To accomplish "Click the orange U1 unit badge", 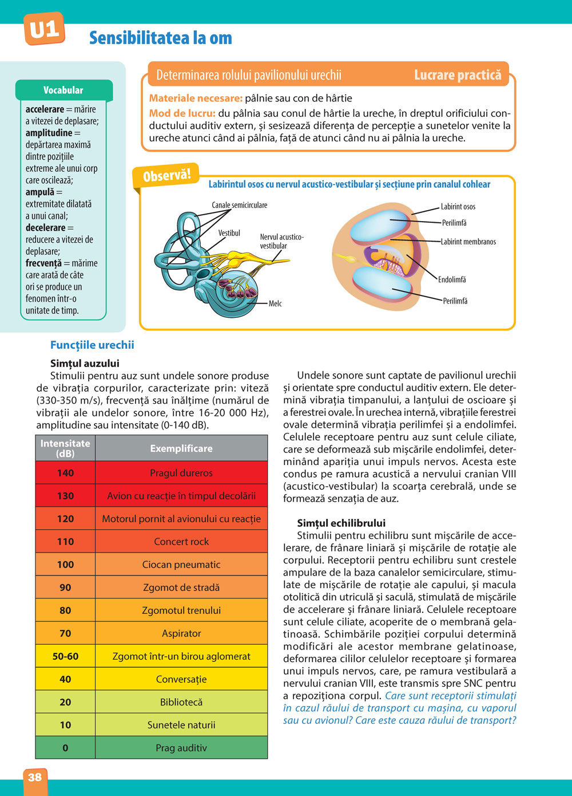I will click(x=43, y=29).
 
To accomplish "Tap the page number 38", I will click(x=35, y=777).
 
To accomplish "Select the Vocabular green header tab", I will click(x=63, y=90).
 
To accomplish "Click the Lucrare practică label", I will click(x=457, y=75).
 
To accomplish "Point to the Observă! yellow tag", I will click(x=166, y=175).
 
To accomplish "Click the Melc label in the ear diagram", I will click(x=275, y=304).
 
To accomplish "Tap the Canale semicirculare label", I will click(x=239, y=205).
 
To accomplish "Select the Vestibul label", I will click(x=229, y=233).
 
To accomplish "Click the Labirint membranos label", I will click(x=468, y=242).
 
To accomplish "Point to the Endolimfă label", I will click(x=452, y=279).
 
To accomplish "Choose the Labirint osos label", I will click(x=458, y=207).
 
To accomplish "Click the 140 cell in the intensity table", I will click(x=65, y=473).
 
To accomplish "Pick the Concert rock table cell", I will click(x=181, y=542).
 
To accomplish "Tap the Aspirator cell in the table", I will click(x=181, y=633).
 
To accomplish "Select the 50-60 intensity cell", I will click(x=65, y=656).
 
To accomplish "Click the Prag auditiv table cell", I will click(x=181, y=748).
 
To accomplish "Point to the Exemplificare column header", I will click(x=181, y=448).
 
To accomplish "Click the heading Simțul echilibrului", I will click(x=341, y=523).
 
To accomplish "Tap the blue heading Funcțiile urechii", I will click(x=92, y=345).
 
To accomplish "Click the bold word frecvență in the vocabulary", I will click(x=43, y=263).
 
